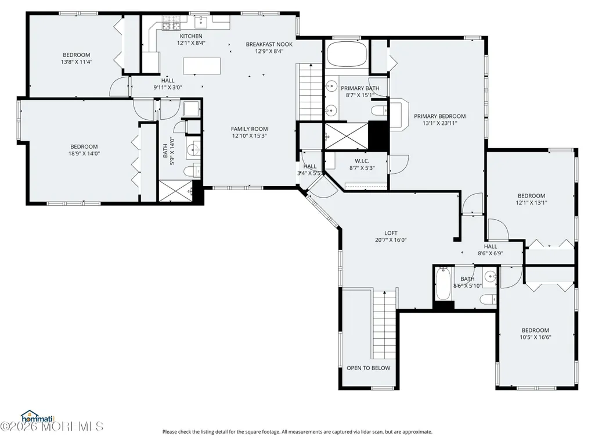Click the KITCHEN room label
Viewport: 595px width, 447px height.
191,36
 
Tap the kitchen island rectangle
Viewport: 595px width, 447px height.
202,66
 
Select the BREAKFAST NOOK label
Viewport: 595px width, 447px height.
269,44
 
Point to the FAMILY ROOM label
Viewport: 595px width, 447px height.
249,129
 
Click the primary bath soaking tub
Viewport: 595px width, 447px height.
347,54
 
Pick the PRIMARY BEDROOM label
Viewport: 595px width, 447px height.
440,116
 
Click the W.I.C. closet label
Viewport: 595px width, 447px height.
362,161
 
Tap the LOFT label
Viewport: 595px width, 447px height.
391,233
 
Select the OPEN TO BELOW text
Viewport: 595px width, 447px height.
369,368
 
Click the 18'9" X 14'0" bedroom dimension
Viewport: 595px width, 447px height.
84,153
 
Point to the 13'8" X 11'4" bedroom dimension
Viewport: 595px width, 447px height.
77,62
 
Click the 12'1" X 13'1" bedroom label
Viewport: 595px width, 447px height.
531,203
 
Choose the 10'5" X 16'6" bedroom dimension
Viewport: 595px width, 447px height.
535,337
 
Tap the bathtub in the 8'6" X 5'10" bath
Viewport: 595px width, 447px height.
443,284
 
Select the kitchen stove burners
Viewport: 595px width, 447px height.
172,23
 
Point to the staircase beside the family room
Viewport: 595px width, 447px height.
311,92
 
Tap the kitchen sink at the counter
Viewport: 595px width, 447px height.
201,22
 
